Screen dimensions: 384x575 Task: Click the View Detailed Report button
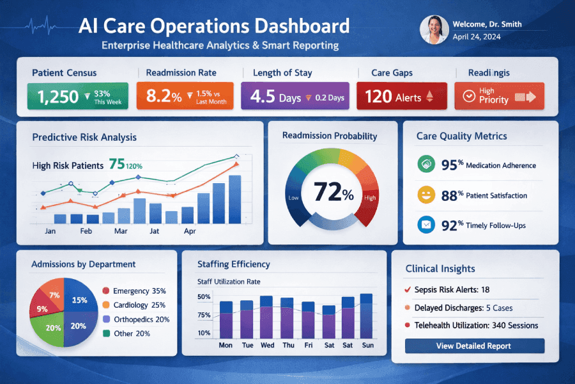pyautogui.click(x=474, y=346)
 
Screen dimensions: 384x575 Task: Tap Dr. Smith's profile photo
pyautogui.click(x=434, y=30)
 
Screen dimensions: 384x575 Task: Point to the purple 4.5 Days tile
pyautogui.click(x=295, y=96)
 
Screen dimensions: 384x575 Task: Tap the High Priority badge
pyautogui.click(x=498, y=96)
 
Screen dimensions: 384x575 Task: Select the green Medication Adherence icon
pyautogui.click(x=425, y=164)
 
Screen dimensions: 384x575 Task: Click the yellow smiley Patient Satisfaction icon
pyautogui.click(x=425, y=195)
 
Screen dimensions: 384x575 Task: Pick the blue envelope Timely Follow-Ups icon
pyautogui.click(x=425, y=225)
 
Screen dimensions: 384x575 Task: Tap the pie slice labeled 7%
pyautogui.click(x=54, y=295)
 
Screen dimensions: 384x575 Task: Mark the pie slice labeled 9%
pyautogui.click(x=43, y=309)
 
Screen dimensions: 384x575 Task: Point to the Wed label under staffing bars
pyautogui.click(x=268, y=345)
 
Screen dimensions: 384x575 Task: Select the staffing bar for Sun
pyautogui.click(x=366, y=316)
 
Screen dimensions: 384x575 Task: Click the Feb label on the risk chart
pyautogui.click(x=86, y=231)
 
